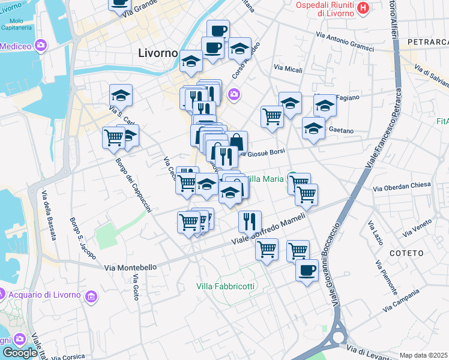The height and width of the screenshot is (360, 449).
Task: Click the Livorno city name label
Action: pyautogui.click(x=158, y=53)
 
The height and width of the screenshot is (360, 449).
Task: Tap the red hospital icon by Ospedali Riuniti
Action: pyautogui.click(x=363, y=8)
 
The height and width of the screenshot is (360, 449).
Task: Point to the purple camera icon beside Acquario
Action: pyautogui.click(x=91, y=296)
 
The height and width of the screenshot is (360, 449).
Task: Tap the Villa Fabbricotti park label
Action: pyautogui.click(x=225, y=286)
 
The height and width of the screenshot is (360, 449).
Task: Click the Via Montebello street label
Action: pyautogui.click(x=130, y=268)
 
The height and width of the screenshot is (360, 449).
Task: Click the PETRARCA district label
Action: pyautogui.click(x=427, y=42)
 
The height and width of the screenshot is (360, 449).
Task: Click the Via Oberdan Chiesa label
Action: pyautogui.click(x=402, y=186)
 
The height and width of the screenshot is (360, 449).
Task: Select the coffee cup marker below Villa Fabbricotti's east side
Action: pyautogui.click(x=307, y=269)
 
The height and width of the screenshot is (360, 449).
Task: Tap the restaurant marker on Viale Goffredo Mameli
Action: pyautogui.click(x=250, y=221)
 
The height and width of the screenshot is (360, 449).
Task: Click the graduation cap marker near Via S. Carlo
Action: pyautogui.click(x=121, y=95)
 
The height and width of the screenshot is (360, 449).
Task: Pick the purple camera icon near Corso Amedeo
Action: pyautogui.click(x=234, y=94)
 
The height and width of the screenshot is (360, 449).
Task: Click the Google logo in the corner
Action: pyautogui.click(x=20, y=353)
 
